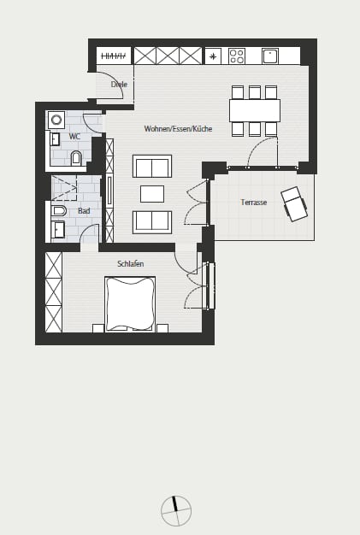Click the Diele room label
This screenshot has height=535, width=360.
pyautogui.click(x=119, y=85)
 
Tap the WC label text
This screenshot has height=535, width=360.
pyautogui.click(x=74, y=137)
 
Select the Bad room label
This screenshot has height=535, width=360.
pyautogui.click(x=84, y=211)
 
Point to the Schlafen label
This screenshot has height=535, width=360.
pyautogui.click(x=130, y=264)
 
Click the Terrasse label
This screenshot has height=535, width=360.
pyautogui.click(x=253, y=202)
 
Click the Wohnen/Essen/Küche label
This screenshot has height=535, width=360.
pyautogui.click(x=178, y=129)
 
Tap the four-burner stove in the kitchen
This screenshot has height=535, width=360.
pyautogui.click(x=237, y=56)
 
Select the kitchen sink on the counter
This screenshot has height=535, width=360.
pyautogui.click(x=270, y=56)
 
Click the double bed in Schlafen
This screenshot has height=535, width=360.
pyautogui.click(x=130, y=303)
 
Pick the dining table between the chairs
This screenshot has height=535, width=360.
pyautogui.click(x=255, y=110)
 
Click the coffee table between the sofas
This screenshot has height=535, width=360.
pyautogui.click(x=152, y=194)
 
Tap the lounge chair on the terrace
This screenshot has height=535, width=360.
pyautogui.click(x=294, y=203)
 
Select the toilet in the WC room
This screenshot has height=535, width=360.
pyautogui.click(x=76, y=158)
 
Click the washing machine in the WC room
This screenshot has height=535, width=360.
pyautogui.click(x=56, y=120)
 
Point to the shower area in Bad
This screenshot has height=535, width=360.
pyautogui.click(x=64, y=188)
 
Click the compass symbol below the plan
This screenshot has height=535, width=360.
pyautogui.click(x=176, y=511)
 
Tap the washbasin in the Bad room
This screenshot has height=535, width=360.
pyautogui.click(x=57, y=230)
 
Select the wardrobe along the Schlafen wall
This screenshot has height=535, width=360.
pyautogui.click(x=54, y=292)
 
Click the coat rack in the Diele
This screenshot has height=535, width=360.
pyautogui.click(x=114, y=56)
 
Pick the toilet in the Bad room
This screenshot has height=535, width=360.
pyautogui.click(x=59, y=211)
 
